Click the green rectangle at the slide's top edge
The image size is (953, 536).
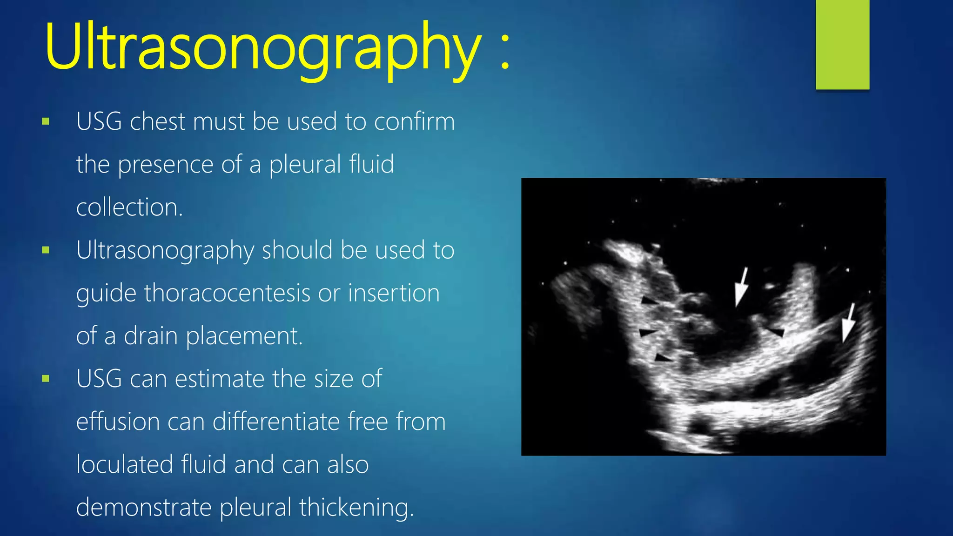[842, 45]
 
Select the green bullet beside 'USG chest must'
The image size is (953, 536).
[46, 122]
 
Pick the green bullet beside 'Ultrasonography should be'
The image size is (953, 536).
[46, 250]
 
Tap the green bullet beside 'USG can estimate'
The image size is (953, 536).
[46, 379]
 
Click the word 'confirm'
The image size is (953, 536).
[414, 122]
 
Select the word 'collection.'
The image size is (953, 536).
[129, 208]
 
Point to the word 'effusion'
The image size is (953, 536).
[118, 422]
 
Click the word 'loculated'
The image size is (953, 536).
[124, 464]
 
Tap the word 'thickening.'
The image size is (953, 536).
[356, 507]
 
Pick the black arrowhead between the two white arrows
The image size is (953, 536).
[777, 332]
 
